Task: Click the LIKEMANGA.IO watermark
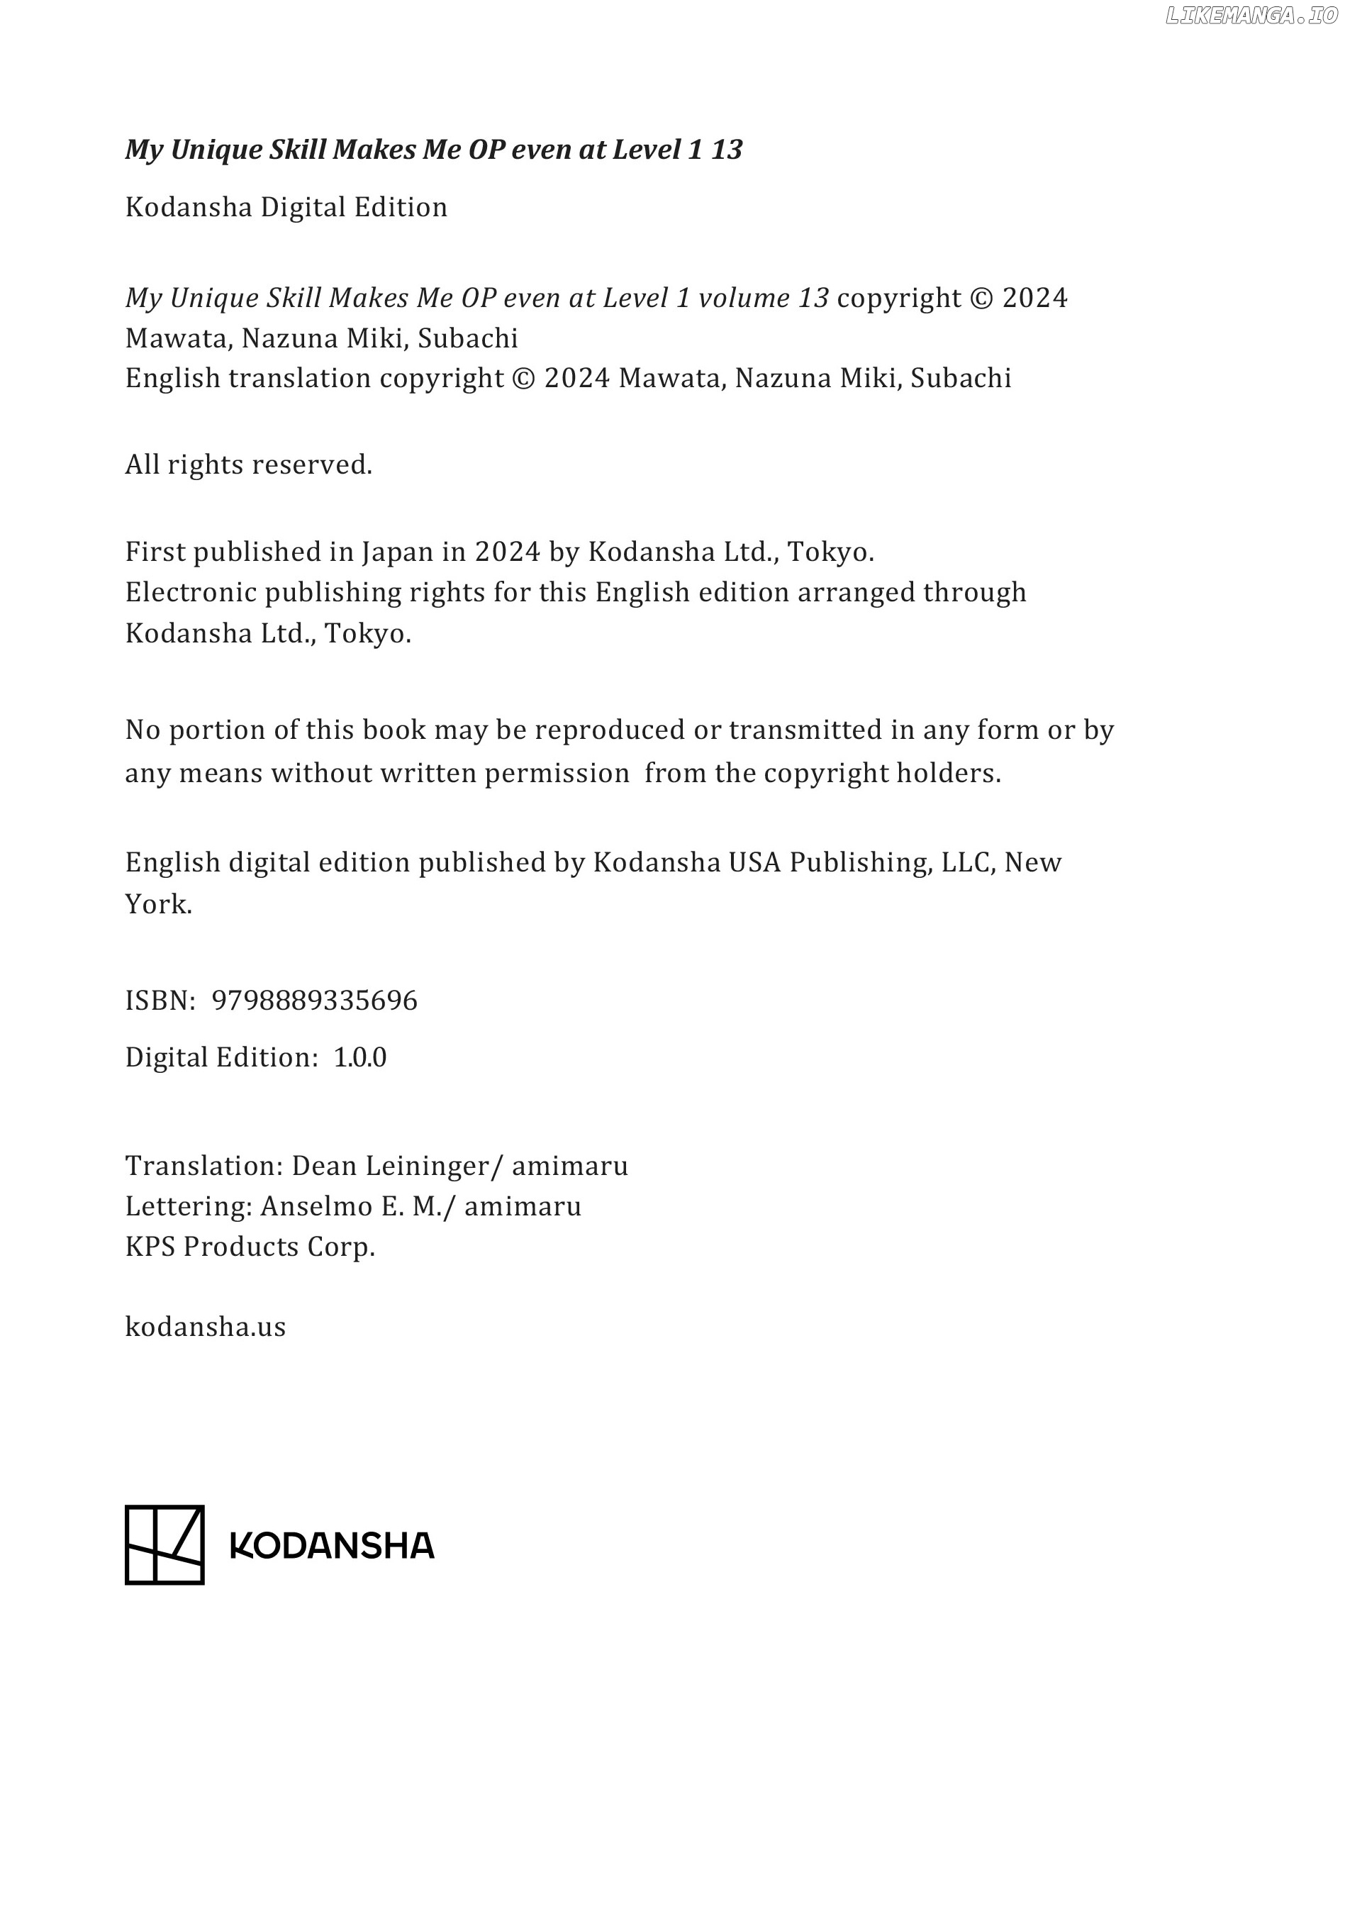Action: (x=1251, y=16)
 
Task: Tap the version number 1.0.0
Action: (x=359, y=1057)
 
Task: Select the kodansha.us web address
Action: (x=205, y=1326)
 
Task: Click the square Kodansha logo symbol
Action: (x=164, y=1544)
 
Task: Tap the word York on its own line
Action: (x=159, y=904)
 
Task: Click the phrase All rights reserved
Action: (x=249, y=464)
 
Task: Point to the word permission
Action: (x=557, y=774)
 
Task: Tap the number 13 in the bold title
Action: (x=726, y=150)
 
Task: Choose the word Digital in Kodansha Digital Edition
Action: (x=303, y=207)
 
